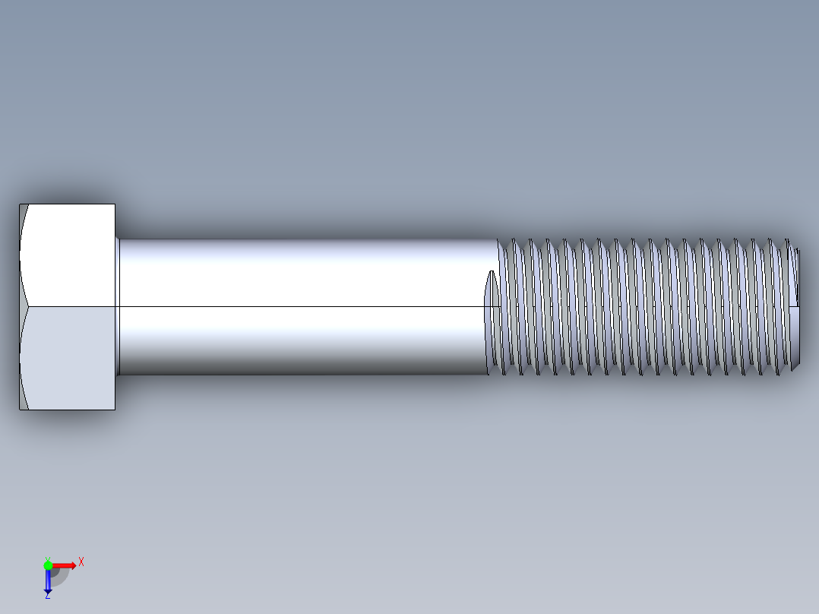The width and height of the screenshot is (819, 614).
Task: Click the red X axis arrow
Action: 65,565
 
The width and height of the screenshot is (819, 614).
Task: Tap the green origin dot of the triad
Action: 48,565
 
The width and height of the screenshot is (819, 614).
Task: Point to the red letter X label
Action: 81,562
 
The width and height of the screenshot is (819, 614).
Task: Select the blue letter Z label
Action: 47,597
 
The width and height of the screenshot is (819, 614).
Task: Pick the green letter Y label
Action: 47,559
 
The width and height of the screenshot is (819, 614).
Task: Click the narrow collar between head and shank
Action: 117,306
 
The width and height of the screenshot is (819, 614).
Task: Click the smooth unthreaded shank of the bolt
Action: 304,274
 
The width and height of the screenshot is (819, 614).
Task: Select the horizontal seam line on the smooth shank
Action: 304,306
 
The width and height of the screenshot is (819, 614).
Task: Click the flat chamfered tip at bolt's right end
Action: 795,306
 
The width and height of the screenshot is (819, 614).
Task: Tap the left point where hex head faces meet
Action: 27,306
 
